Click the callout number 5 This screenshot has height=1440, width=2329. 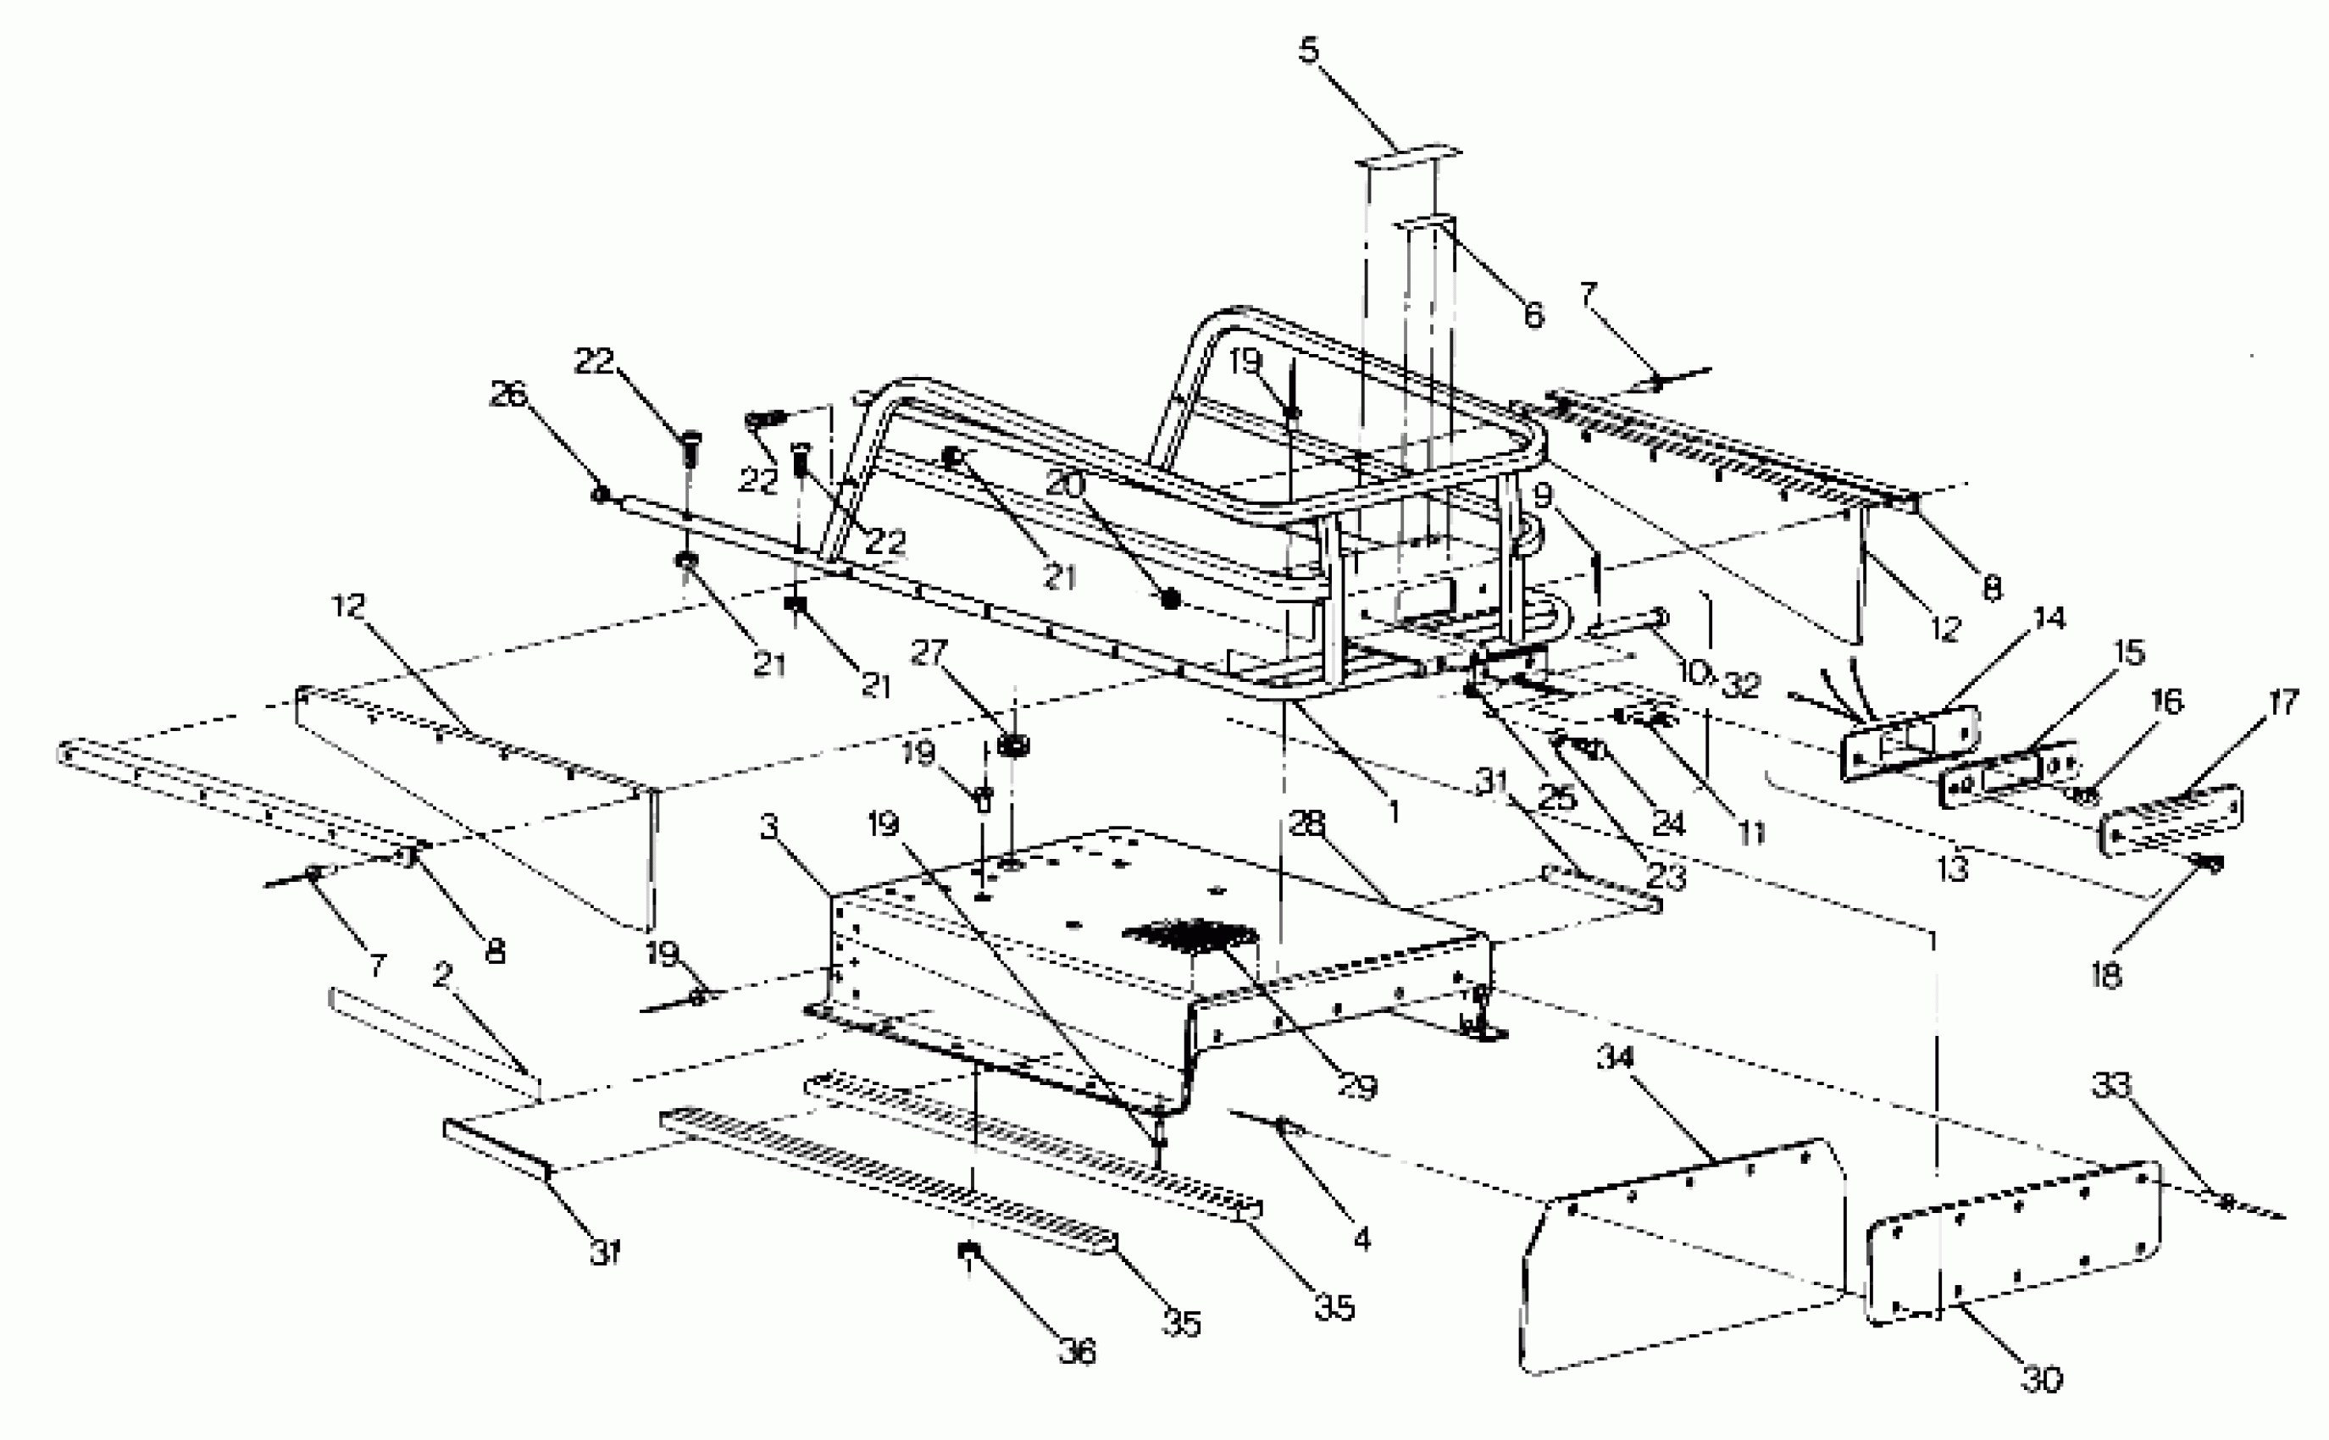coord(1310,49)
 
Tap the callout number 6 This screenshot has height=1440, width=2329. coord(1533,313)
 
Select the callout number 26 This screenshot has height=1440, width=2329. coord(507,393)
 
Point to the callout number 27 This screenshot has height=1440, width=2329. coord(929,652)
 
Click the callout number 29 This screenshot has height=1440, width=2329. coord(1357,1087)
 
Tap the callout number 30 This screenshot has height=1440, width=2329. coord(2040,1378)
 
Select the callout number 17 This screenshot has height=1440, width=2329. coord(2283,704)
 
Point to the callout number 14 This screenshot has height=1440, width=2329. coord(2048,619)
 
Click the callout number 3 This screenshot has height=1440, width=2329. coord(769,827)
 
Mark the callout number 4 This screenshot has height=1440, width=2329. coord(1361,1239)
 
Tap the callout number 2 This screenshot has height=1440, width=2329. coord(441,975)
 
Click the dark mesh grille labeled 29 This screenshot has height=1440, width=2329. coord(1190,934)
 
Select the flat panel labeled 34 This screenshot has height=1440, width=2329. coord(1677,1257)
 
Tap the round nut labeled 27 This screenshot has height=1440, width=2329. coord(1012,745)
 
